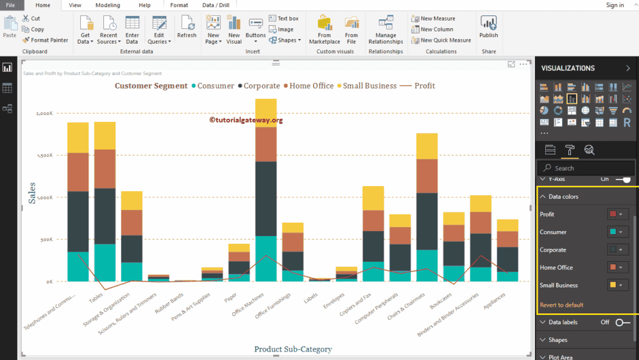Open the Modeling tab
click(107, 5)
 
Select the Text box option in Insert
click(284, 19)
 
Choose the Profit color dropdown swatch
click(616, 214)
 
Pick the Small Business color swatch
click(616, 286)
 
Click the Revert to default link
click(561, 305)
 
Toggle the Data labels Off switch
click(622, 322)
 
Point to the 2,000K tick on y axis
click(44, 114)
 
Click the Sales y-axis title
click(32, 193)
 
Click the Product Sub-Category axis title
click(293, 349)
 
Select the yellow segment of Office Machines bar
click(266, 113)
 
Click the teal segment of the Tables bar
click(105, 262)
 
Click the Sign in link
click(615, 5)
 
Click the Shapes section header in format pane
click(558, 340)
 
